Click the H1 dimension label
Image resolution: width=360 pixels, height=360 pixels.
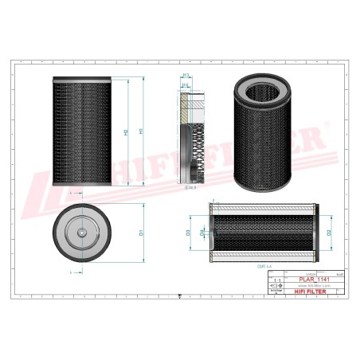click(x=141, y=131)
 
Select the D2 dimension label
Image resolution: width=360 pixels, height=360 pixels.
click(x=329, y=233)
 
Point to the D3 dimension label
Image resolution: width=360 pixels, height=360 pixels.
click(x=188, y=233)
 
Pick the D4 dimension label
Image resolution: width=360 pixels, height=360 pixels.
click(x=202, y=233)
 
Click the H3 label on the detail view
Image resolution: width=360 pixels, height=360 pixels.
click(x=186, y=74)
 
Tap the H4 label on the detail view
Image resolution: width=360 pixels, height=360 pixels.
click(x=186, y=84)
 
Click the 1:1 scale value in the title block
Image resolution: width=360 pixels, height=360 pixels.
click(x=277, y=280)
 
